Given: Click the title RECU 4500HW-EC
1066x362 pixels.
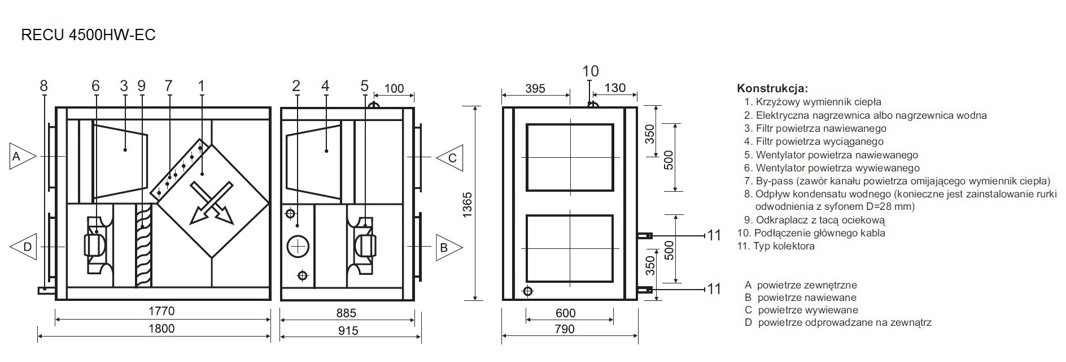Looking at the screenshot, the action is [x=88, y=35].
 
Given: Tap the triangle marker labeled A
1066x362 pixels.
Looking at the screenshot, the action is [x=21, y=156].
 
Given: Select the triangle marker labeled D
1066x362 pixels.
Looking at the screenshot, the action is [x=21, y=247].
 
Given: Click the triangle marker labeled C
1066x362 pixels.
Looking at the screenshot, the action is [x=449, y=157].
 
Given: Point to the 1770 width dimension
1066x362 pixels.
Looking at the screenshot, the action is [x=161, y=311].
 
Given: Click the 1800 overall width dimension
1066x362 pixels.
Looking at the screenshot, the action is [x=161, y=329].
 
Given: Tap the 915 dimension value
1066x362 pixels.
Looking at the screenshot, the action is [x=348, y=330].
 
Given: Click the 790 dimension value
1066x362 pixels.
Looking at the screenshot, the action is [x=565, y=329].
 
